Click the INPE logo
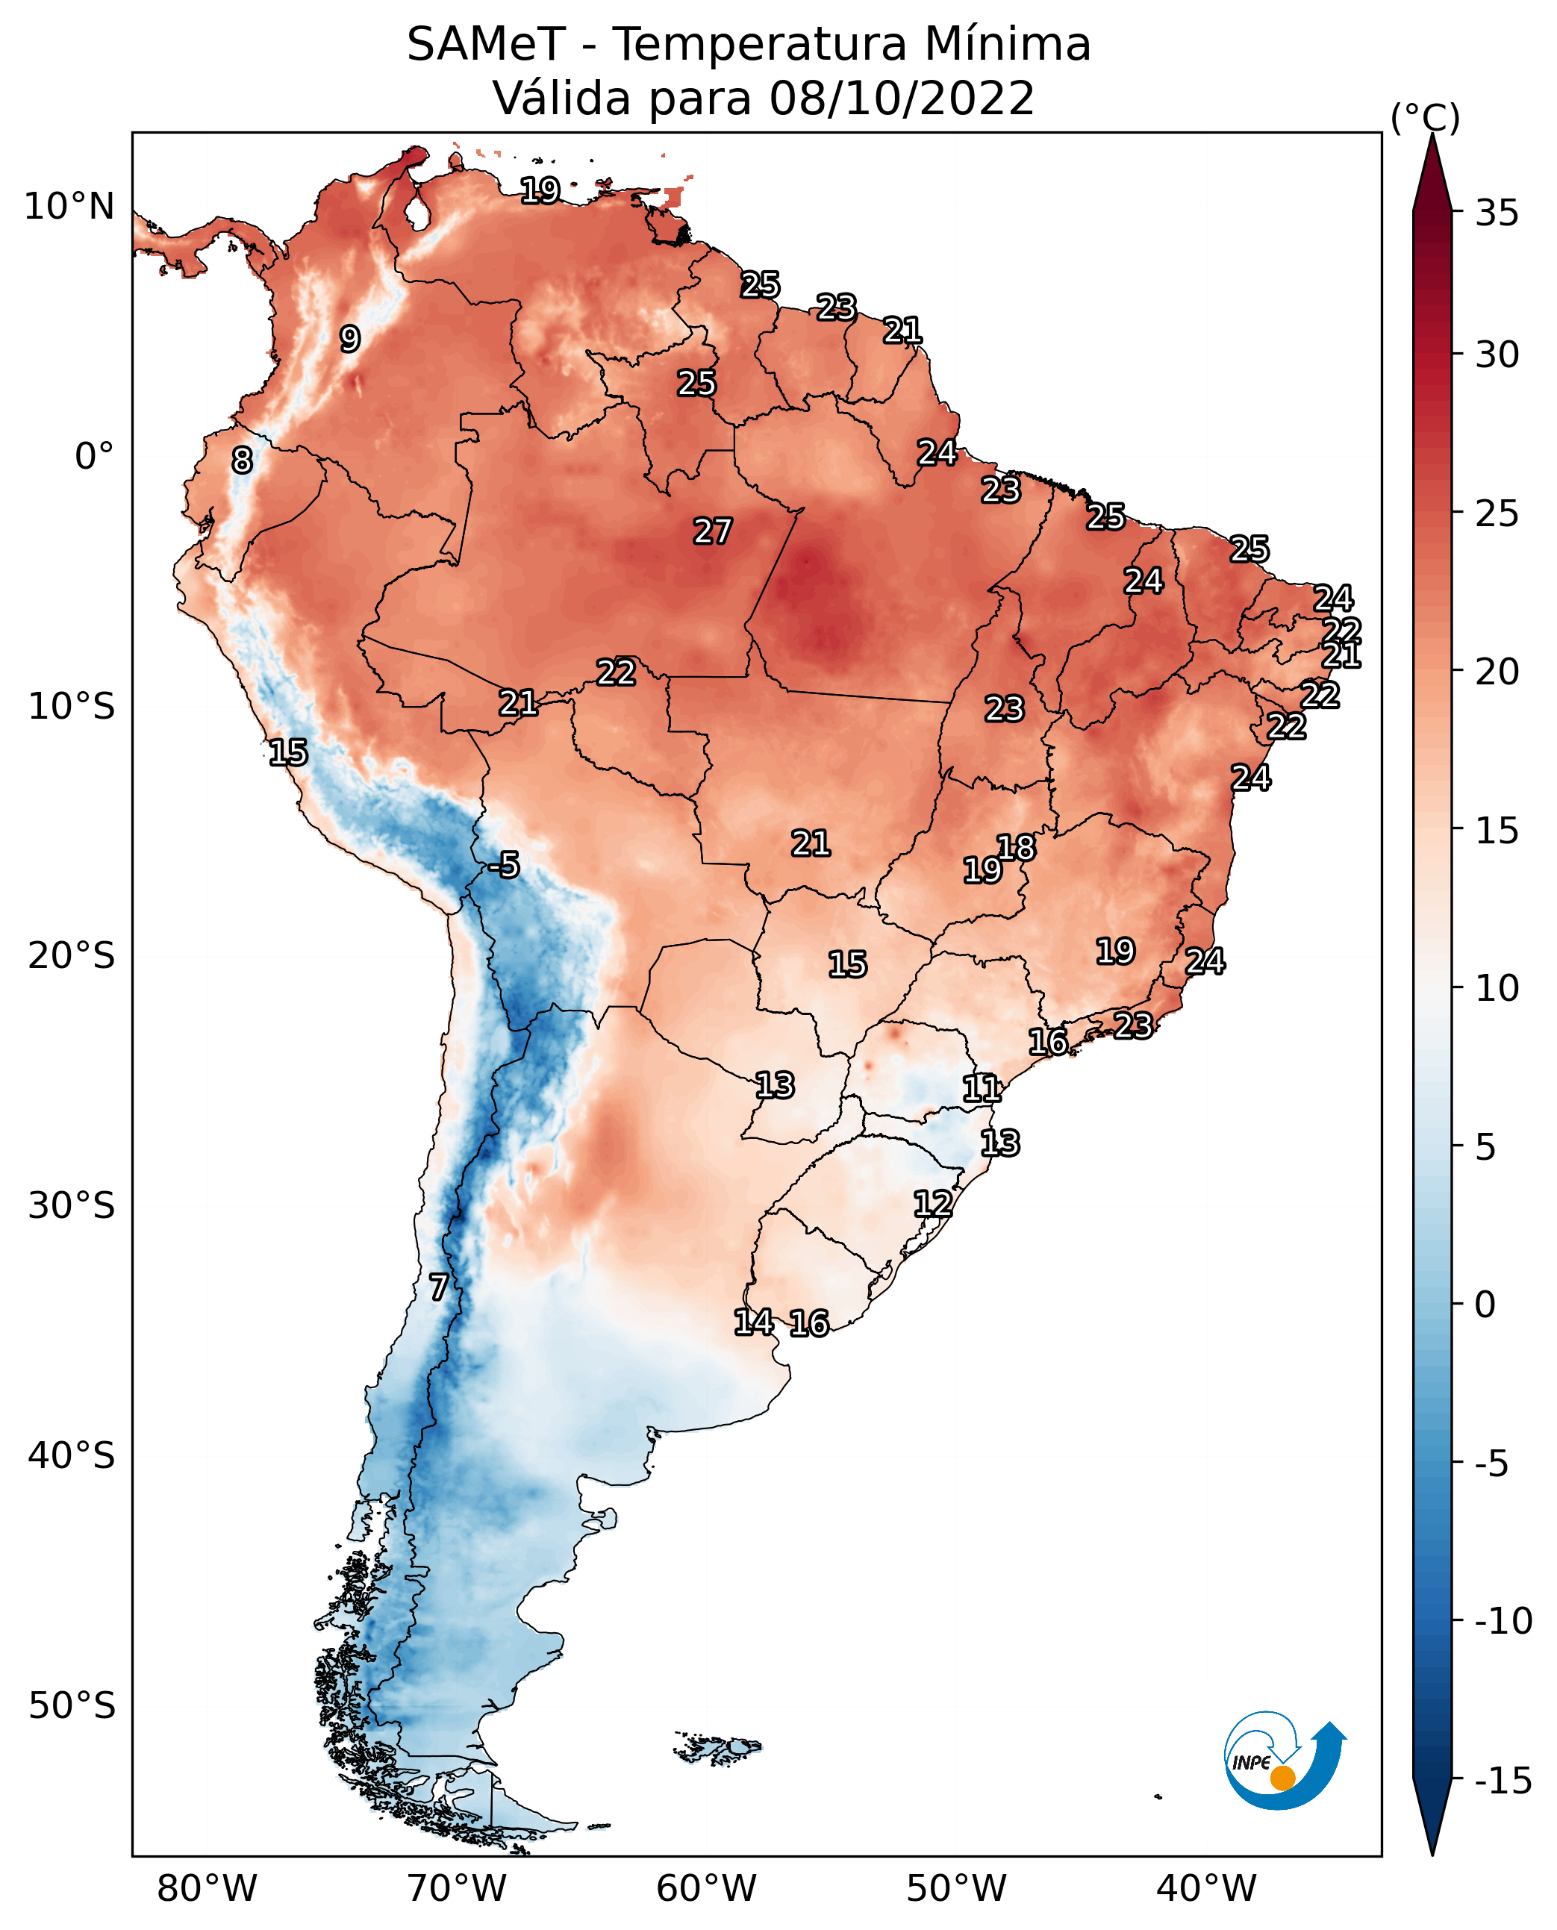1285,1760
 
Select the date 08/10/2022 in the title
902,98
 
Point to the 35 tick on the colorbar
1497,213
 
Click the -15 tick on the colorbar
1503,1780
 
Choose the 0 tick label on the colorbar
1485,1304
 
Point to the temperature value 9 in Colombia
350,339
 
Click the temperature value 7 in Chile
437,1288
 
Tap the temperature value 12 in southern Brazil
933,1204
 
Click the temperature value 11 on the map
982,1089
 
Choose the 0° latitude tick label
94,457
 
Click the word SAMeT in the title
486,44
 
